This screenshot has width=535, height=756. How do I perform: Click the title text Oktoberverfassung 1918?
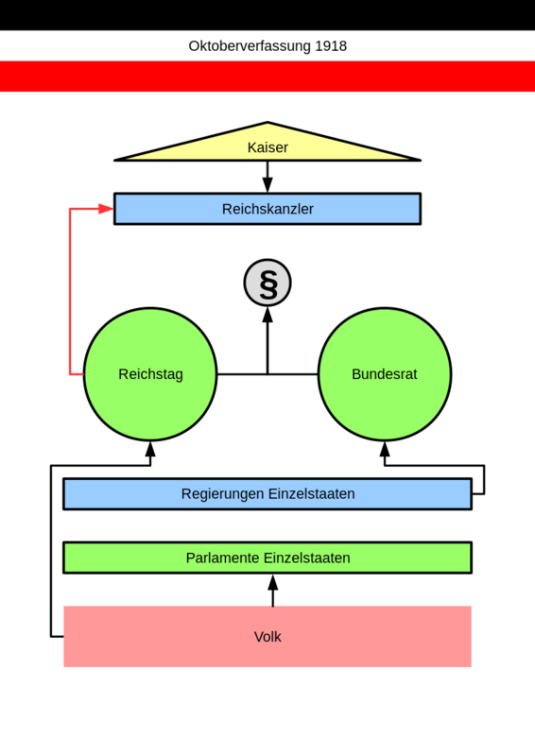[267, 45]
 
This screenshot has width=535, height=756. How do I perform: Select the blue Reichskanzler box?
[267, 209]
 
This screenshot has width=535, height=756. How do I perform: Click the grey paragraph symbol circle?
[267, 283]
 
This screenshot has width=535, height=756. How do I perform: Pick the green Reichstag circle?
[150, 374]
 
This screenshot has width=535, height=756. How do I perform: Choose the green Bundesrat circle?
[385, 374]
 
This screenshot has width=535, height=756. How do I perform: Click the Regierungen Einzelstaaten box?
[267, 493]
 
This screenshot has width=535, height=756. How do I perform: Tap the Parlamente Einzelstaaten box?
[267, 558]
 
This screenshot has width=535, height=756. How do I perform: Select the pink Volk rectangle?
[267, 636]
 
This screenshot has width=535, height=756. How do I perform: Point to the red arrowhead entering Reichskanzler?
[106, 209]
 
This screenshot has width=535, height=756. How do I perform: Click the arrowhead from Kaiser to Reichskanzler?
[267, 184]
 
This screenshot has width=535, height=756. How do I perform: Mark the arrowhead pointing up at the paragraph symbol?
[267, 315]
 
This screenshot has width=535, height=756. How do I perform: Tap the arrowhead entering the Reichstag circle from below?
[150, 450]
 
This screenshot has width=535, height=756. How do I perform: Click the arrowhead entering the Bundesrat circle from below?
[385, 450]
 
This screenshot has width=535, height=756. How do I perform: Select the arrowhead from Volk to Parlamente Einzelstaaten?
[273, 582]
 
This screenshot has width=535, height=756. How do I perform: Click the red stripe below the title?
[267, 77]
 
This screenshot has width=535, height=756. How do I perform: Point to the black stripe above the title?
[267, 15]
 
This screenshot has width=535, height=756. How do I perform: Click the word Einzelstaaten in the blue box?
[312, 493]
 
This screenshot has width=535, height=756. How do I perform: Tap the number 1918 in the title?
[331, 45]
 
